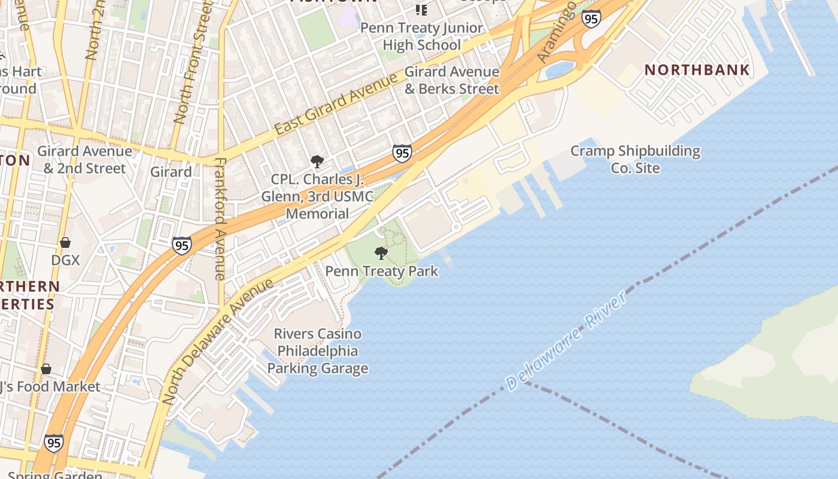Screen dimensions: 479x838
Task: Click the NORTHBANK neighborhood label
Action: tap(697, 69)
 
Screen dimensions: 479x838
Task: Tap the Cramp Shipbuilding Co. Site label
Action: tap(635, 159)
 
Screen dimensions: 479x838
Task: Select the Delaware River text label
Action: tap(565, 341)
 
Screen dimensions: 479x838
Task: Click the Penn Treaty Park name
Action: tap(381, 271)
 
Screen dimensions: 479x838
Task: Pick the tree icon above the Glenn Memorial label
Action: tap(317, 161)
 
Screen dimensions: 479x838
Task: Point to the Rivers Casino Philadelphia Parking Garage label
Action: tap(317, 351)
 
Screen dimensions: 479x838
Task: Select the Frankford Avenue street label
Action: tap(220, 219)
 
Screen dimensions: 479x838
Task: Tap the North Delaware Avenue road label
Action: tap(217, 341)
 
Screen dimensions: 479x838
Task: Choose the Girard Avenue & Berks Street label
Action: tap(451, 80)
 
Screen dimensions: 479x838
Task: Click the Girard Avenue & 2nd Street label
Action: tap(84, 159)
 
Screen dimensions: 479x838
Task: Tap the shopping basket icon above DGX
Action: tap(65, 242)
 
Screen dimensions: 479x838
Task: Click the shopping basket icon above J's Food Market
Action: tap(45, 368)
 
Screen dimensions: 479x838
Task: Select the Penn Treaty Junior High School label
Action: tap(421, 37)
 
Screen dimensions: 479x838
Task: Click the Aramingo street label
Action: tap(556, 32)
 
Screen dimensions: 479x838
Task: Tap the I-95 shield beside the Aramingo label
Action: tap(591, 19)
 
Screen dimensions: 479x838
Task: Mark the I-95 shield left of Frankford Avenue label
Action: tap(182, 245)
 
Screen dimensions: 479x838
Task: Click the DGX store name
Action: tap(65, 260)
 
